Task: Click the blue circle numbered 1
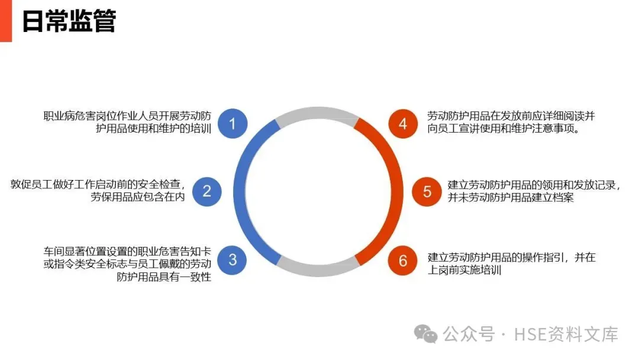click(233, 124)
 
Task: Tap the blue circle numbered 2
click(207, 191)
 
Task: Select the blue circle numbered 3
click(233, 259)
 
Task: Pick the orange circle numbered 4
click(403, 124)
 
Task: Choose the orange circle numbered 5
click(427, 191)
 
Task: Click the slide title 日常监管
click(69, 21)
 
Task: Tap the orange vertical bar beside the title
click(5, 21)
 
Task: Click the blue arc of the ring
click(240, 191)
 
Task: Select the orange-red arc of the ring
click(395, 191)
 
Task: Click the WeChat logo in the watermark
click(426, 334)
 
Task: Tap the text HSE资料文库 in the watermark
click(566, 335)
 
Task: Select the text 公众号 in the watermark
click(470, 335)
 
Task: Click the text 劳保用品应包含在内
click(138, 198)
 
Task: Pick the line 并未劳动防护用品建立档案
click(511, 198)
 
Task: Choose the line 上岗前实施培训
click(464, 271)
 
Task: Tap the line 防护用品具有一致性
click(164, 277)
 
